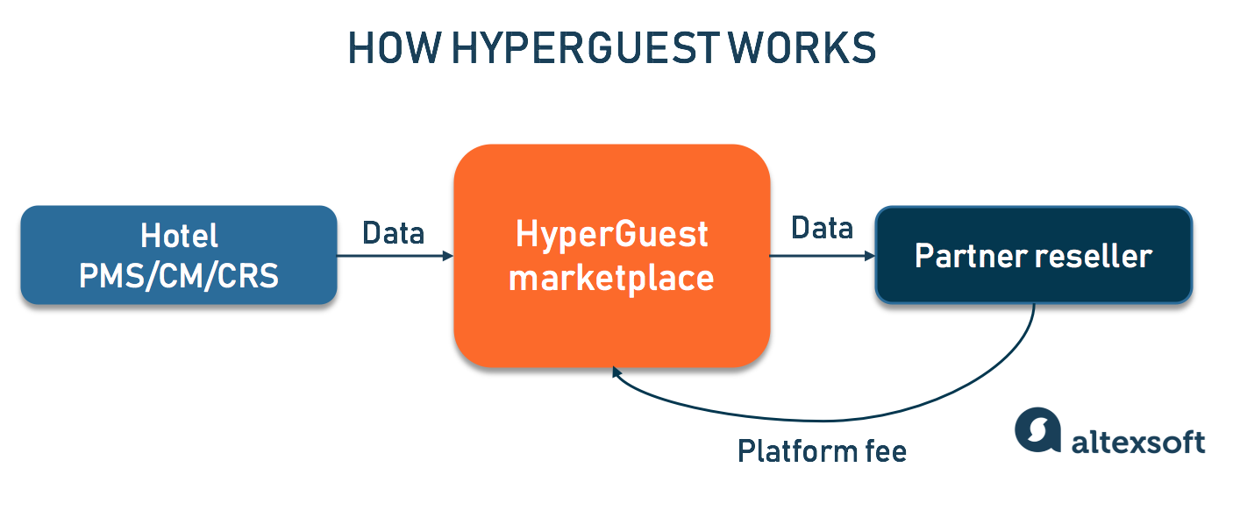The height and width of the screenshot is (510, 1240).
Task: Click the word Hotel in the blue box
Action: click(179, 236)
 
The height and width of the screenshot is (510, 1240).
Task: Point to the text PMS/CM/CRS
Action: click(179, 276)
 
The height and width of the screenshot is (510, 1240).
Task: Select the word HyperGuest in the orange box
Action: click(611, 235)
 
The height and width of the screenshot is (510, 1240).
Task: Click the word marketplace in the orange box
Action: click(611, 278)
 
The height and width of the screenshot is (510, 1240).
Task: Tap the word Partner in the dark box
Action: click(964, 256)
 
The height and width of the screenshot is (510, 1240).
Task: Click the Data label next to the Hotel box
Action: click(394, 233)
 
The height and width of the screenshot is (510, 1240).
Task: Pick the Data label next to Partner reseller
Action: click(822, 229)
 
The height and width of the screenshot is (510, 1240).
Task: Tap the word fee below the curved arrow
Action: click(884, 451)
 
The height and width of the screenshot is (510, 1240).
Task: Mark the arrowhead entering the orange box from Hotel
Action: click(448, 256)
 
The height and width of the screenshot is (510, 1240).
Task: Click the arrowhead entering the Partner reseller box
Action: click(870, 257)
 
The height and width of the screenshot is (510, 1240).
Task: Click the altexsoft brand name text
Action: click(1138, 441)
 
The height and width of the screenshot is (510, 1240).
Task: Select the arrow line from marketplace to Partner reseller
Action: click(820, 257)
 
